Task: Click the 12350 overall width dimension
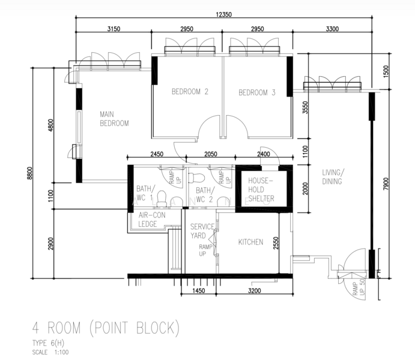click(223, 14)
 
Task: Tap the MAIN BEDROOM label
click(114, 119)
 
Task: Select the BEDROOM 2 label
click(190, 92)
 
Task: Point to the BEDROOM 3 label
click(257, 92)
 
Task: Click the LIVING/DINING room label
click(333, 177)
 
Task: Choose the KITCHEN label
click(250, 242)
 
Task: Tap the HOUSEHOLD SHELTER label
click(261, 190)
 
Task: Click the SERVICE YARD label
click(202, 231)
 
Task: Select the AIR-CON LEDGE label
click(152, 220)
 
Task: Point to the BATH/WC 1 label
click(145, 193)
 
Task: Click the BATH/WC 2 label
click(205, 194)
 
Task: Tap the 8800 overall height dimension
click(29, 173)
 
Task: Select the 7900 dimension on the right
click(386, 184)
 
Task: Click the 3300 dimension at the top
click(332, 29)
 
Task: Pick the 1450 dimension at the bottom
click(199, 291)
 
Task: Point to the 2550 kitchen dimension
click(276, 243)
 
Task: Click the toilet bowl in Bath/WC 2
click(197, 178)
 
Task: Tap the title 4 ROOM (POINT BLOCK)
click(106, 328)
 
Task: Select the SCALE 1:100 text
click(50, 352)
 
